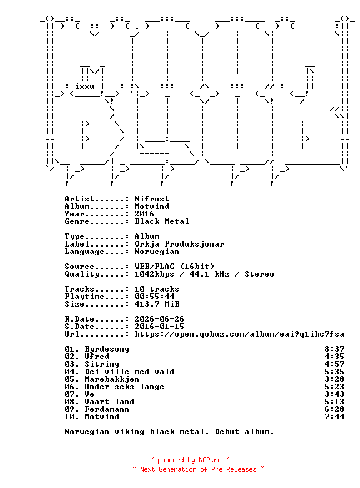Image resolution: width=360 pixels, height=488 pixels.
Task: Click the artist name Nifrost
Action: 152,198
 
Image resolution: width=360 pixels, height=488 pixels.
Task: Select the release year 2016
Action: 144,213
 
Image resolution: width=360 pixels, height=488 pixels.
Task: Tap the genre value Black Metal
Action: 162,221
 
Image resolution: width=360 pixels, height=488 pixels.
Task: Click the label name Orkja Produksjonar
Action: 179,244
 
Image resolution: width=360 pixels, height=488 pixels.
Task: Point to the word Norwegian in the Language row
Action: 157,252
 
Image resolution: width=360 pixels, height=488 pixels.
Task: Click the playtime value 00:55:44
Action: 154,297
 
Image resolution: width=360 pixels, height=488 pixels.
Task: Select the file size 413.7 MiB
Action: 157,304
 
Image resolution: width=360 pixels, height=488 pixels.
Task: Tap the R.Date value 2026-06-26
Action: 159,319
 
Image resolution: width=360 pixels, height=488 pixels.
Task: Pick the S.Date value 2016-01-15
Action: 159,327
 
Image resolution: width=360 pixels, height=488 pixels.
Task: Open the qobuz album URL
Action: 239,334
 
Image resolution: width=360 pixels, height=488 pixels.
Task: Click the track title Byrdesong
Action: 107,349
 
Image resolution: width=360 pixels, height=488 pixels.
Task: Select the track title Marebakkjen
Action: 112,379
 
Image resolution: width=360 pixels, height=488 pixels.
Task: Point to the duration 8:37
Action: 334,349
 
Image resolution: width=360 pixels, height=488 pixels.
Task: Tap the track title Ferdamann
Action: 107,409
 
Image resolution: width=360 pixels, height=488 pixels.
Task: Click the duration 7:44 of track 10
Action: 334,417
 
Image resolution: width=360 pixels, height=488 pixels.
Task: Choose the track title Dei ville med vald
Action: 129,372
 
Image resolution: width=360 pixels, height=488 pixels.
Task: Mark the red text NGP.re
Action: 210,460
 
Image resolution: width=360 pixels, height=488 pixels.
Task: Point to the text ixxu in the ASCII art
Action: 84,86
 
